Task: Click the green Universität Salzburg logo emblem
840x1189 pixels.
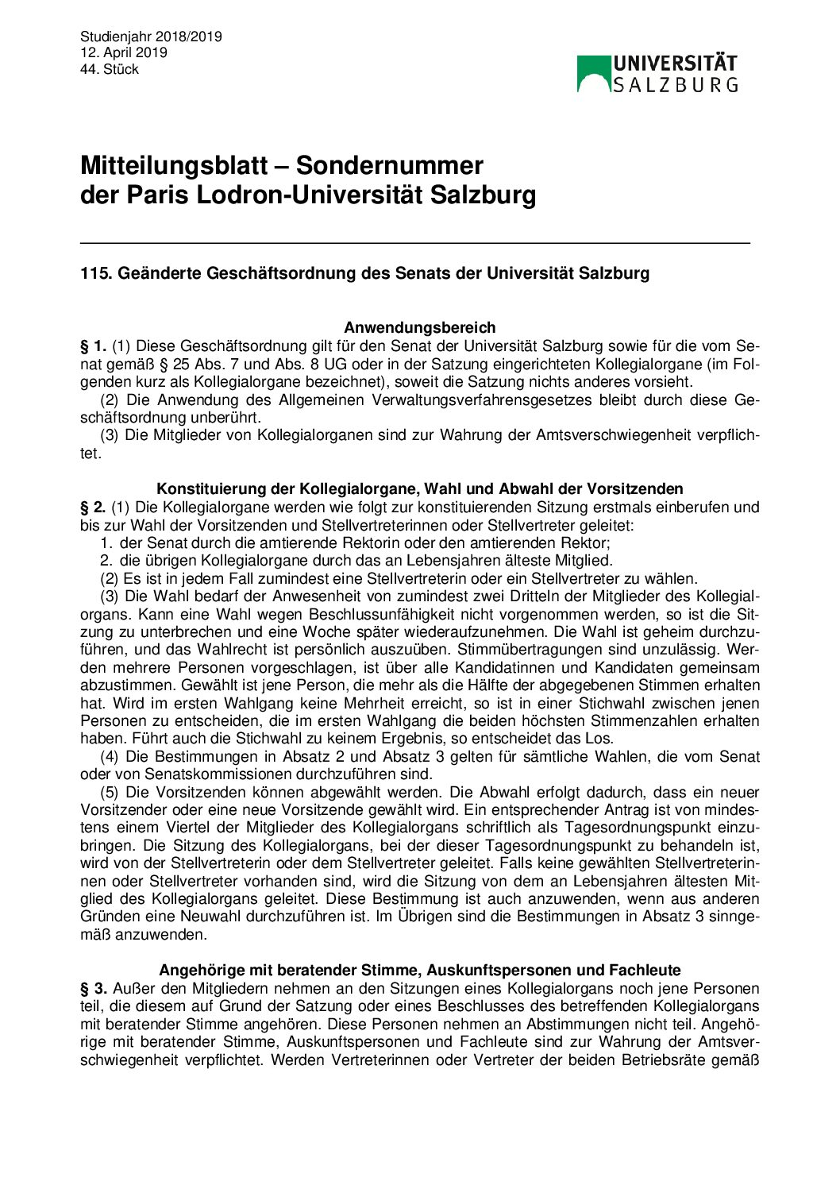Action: pyautogui.click(x=593, y=73)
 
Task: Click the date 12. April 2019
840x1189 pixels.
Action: pyautogui.click(x=124, y=52)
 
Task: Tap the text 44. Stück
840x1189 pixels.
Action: pyautogui.click(x=110, y=69)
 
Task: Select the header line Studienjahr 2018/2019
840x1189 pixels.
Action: pyautogui.click(x=151, y=37)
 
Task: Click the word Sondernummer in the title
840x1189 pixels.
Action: pyautogui.click(x=389, y=165)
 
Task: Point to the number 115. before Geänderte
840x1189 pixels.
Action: pyautogui.click(x=96, y=273)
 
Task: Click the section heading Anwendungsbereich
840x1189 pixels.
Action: pyautogui.click(x=419, y=327)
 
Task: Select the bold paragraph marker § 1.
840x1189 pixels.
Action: pyautogui.click(x=93, y=346)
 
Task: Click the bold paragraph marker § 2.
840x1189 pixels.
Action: pyautogui.click(x=93, y=508)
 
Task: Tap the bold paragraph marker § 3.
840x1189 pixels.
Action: pyautogui.click(x=93, y=989)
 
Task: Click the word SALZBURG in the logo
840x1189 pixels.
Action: pyautogui.click(x=675, y=84)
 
